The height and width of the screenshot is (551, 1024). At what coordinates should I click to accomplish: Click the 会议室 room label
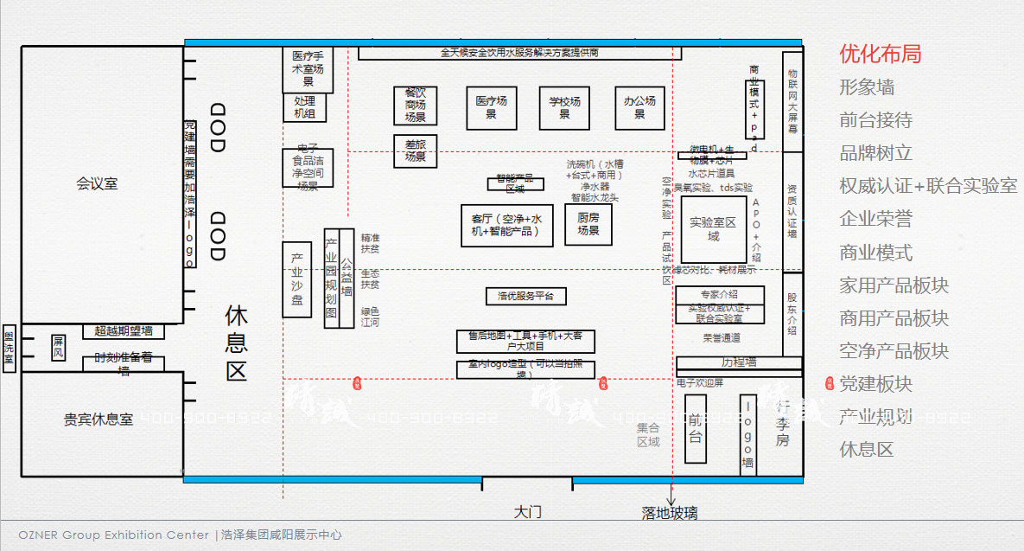pyautogui.click(x=97, y=183)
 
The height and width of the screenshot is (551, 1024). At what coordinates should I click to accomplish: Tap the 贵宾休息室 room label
pyautogui.click(x=99, y=419)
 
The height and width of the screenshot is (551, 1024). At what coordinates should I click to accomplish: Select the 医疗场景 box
pyautogui.click(x=491, y=107)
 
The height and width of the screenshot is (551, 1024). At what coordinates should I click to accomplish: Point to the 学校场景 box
pyautogui.click(x=564, y=107)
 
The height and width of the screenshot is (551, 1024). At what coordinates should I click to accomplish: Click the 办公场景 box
pyautogui.click(x=639, y=107)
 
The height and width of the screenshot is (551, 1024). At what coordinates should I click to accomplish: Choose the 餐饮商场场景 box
pyautogui.click(x=415, y=105)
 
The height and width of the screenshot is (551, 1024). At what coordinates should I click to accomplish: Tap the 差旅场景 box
pyautogui.click(x=415, y=151)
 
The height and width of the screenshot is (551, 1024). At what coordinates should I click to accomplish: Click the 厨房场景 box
pyautogui.click(x=588, y=224)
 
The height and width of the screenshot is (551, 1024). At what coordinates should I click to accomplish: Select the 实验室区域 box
pyautogui.click(x=713, y=229)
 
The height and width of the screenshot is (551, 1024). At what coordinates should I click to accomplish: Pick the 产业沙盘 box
pyautogui.click(x=296, y=279)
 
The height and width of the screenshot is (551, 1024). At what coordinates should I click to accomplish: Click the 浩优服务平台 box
pyautogui.click(x=525, y=296)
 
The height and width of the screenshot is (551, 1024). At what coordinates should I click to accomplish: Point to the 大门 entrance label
pyautogui.click(x=527, y=511)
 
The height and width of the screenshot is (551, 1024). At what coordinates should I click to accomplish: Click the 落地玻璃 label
pyautogui.click(x=669, y=513)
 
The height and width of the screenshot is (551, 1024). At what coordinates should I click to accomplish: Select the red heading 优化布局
pyautogui.click(x=880, y=54)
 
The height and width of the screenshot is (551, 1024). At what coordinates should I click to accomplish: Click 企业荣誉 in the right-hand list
pyautogui.click(x=875, y=219)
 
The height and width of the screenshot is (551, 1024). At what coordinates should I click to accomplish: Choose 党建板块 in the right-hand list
pyautogui.click(x=875, y=384)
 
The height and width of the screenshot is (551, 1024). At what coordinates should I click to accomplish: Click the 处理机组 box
pyautogui.click(x=305, y=107)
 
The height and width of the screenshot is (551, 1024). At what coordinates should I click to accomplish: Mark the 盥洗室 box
pyautogui.click(x=9, y=348)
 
